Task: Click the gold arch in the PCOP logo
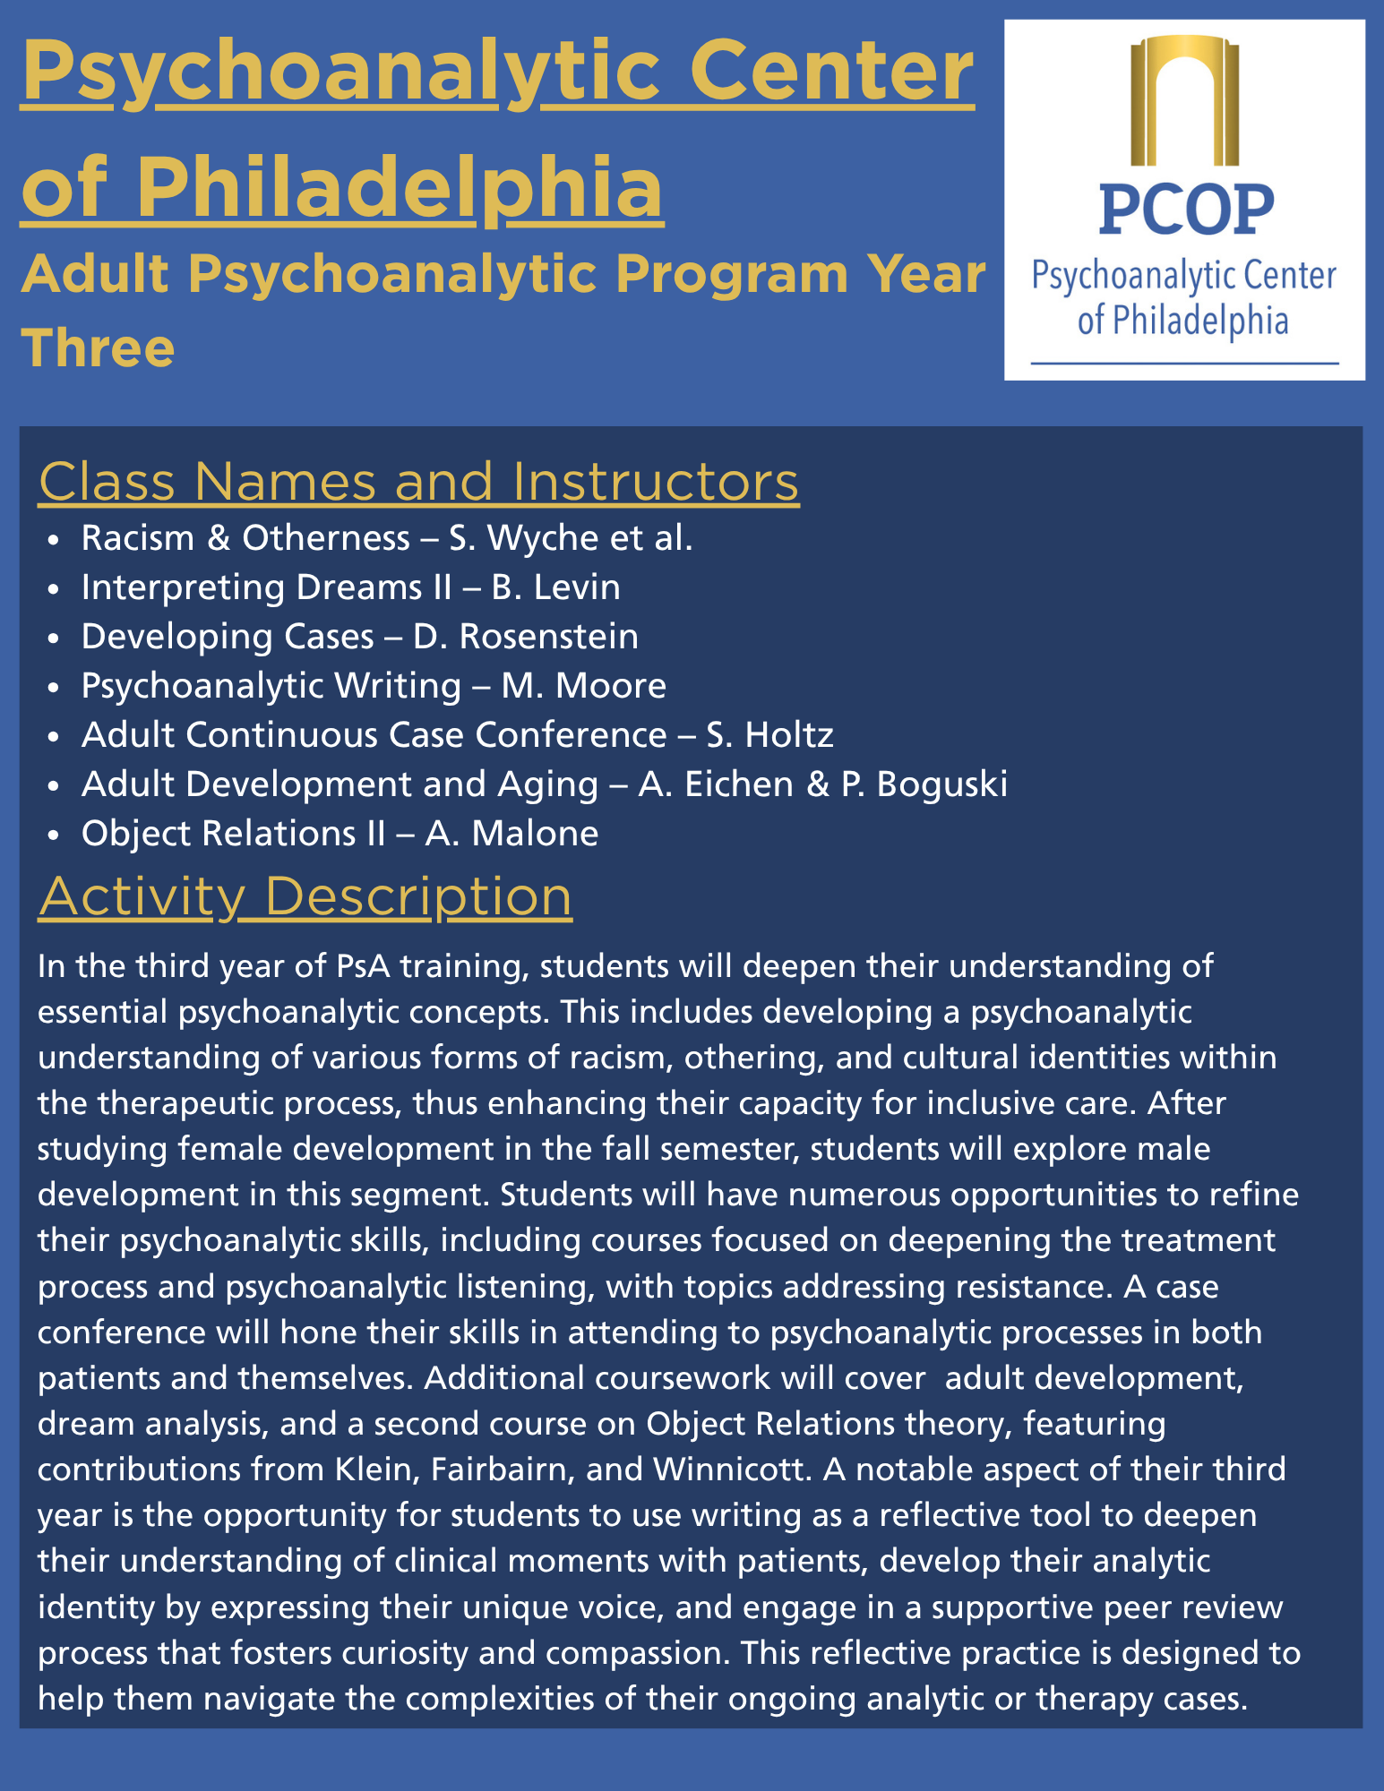point(1184,99)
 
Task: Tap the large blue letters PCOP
point(1184,210)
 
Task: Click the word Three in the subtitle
point(98,347)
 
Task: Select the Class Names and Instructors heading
point(418,482)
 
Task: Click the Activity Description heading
point(305,896)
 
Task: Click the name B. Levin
point(555,587)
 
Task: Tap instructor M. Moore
point(583,686)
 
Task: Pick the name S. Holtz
point(769,735)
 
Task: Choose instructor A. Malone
point(511,834)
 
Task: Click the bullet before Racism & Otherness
point(56,540)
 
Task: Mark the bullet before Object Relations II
point(56,836)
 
